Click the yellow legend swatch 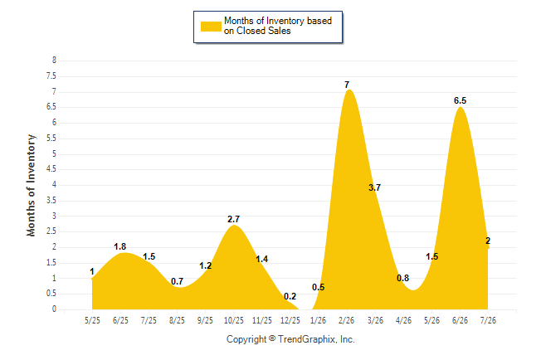pyautogui.click(x=211, y=27)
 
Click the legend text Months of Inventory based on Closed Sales pyautogui.click(x=278, y=26)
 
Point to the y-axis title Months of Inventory pyautogui.click(x=31, y=185)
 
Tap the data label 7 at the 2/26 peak pyautogui.click(x=347, y=85)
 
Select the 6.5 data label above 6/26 pyautogui.click(x=460, y=100)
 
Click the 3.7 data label pyautogui.click(x=375, y=187)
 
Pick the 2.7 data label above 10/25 pyautogui.click(x=233, y=219)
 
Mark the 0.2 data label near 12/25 pyautogui.click(x=290, y=296)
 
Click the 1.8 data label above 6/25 pyautogui.click(x=120, y=246)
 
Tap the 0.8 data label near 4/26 pyautogui.click(x=402, y=278)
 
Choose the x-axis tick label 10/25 pyautogui.click(x=233, y=320)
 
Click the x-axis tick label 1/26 pyautogui.click(x=319, y=320)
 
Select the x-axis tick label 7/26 pyautogui.click(x=488, y=320)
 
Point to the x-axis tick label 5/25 pyautogui.click(x=92, y=320)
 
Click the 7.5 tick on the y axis pyautogui.click(x=51, y=75)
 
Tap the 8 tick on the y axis pyautogui.click(x=54, y=61)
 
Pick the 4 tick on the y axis pyautogui.click(x=54, y=185)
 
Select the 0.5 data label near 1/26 pyautogui.click(x=319, y=287)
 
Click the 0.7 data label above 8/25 pyautogui.click(x=177, y=281)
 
